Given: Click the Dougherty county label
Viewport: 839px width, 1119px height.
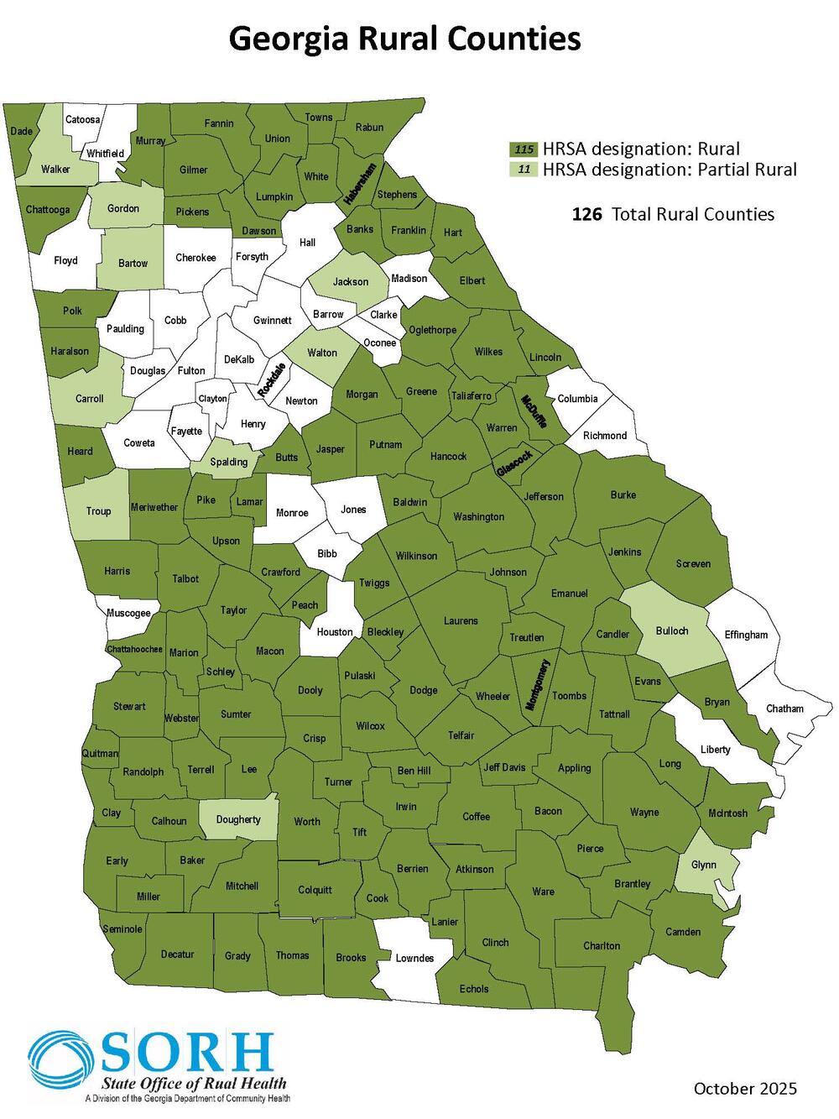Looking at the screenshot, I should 238,819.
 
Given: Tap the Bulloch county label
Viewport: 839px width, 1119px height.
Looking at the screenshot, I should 671,630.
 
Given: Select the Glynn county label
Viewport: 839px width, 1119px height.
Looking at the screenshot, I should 703,865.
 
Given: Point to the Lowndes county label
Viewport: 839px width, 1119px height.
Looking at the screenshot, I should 414,958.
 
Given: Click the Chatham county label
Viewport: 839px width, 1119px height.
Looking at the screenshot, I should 784,709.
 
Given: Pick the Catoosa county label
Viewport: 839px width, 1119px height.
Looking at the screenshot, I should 83,119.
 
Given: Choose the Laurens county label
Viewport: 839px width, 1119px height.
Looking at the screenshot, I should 461,621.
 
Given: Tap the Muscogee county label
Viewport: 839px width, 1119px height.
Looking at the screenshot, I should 128,613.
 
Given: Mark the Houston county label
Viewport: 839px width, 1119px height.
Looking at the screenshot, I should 335,632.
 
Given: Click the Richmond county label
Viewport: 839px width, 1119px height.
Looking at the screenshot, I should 605,436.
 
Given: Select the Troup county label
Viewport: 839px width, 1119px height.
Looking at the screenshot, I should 98,511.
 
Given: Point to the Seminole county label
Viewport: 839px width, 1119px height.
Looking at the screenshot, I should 122,929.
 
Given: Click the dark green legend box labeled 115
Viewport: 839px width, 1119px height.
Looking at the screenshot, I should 524,149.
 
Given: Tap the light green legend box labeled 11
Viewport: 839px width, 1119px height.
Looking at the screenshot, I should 524,170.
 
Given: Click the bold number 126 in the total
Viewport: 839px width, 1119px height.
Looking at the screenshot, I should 587,214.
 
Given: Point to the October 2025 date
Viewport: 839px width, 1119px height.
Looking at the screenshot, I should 745,1089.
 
